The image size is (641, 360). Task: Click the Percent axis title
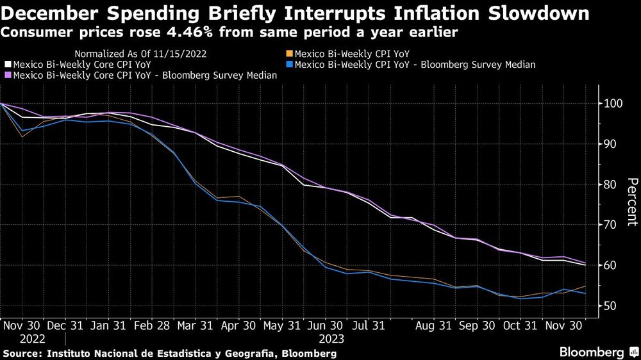click(631, 202)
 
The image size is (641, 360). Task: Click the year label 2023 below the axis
click(330, 339)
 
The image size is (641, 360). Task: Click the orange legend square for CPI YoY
click(290, 54)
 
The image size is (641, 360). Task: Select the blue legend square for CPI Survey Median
click(290, 65)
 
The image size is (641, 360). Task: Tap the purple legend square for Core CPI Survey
click(8, 75)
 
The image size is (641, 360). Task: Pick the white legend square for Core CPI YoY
click(8, 65)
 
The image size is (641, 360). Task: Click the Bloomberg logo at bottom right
click(592, 352)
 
